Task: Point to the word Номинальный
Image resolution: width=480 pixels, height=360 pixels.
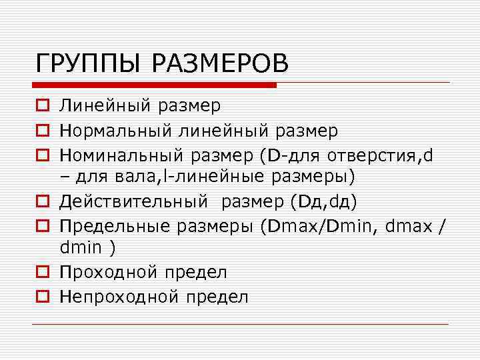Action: [x=121, y=156]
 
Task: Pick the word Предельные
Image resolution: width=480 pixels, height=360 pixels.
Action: [x=115, y=226]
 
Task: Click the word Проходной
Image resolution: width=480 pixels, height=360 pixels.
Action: [x=105, y=273]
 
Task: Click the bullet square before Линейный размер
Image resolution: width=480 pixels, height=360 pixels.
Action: [x=41, y=106]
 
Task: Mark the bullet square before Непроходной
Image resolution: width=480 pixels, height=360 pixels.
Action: [x=41, y=297]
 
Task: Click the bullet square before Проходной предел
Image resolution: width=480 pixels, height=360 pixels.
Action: [x=41, y=273]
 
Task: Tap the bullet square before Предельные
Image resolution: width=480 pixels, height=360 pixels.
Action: [x=41, y=226]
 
